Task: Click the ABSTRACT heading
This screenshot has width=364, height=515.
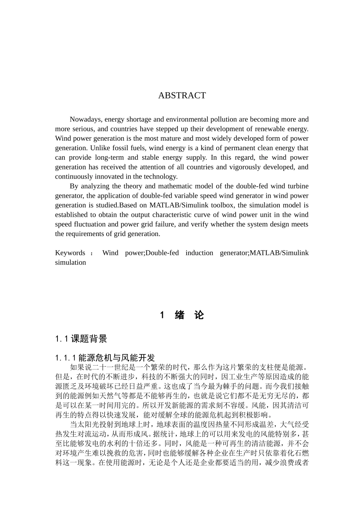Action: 182,95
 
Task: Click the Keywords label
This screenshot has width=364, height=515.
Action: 70,253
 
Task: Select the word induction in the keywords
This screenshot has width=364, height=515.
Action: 198,253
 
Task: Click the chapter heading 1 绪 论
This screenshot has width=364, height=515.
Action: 182,315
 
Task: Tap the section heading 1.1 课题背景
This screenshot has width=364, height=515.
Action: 81,339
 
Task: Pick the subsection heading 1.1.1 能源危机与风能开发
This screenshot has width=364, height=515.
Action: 105,358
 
